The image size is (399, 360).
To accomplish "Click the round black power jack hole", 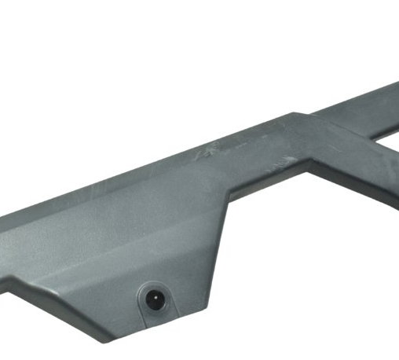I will click(x=154, y=299).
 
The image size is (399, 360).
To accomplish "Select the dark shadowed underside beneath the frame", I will click(x=346, y=189).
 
